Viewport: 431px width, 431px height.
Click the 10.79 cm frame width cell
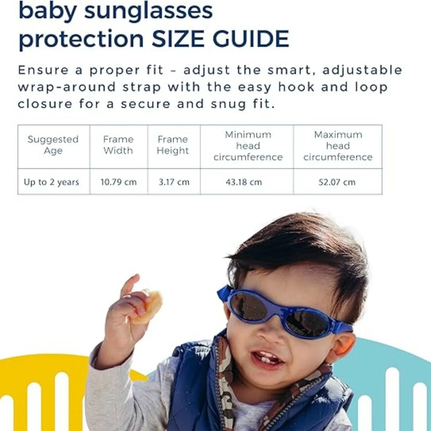[x=118, y=182]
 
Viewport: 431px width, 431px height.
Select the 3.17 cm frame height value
[x=174, y=182]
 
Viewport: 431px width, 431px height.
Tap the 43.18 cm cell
[x=244, y=182]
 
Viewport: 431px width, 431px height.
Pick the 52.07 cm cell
[x=337, y=182]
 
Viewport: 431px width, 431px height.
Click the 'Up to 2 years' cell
[x=51, y=182]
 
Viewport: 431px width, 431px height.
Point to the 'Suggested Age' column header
[x=53, y=145]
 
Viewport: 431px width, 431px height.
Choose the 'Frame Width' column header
[x=118, y=145]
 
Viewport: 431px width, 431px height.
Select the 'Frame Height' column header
[x=173, y=145]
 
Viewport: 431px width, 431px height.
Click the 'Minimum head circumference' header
[x=248, y=146]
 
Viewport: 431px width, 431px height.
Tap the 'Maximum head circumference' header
[x=338, y=146]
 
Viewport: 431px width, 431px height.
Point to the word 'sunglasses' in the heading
[x=148, y=11]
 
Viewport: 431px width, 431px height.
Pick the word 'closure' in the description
[x=45, y=104]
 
